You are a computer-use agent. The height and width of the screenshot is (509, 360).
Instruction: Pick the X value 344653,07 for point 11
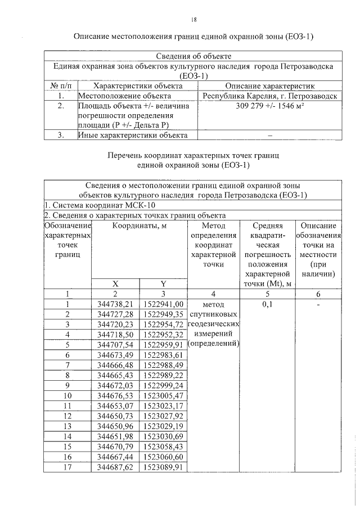[x=116, y=405]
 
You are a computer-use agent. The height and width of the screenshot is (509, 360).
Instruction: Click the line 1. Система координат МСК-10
[x=85, y=205]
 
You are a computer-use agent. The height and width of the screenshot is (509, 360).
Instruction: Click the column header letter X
[x=116, y=283]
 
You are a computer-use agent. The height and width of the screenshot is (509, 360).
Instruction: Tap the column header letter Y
[x=164, y=283]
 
